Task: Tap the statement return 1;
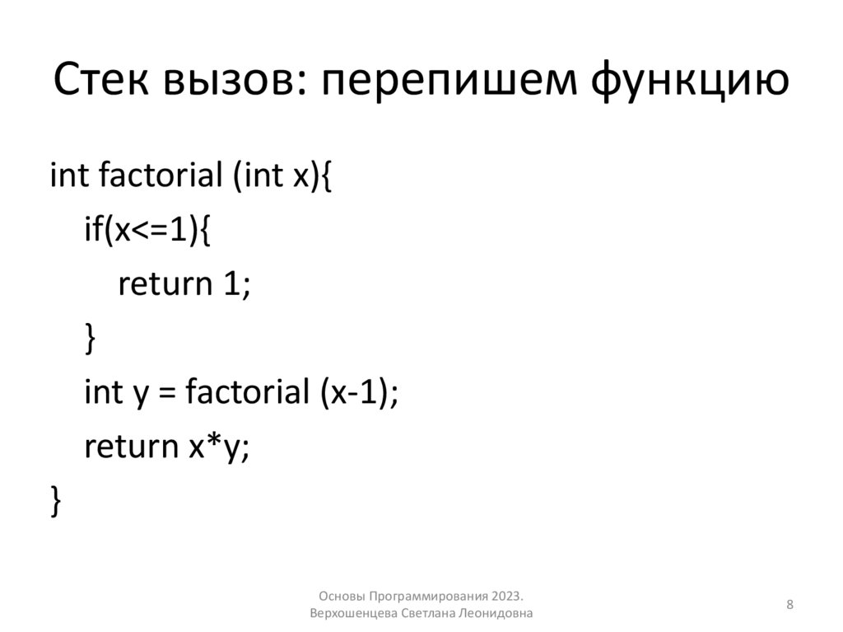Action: coord(184,284)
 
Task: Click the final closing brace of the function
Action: coord(55,501)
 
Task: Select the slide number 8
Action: coord(790,606)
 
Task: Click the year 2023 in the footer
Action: coord(507,597)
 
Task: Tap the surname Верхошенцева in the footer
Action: coord(354,614)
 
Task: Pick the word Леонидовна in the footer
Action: coord(501,614)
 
